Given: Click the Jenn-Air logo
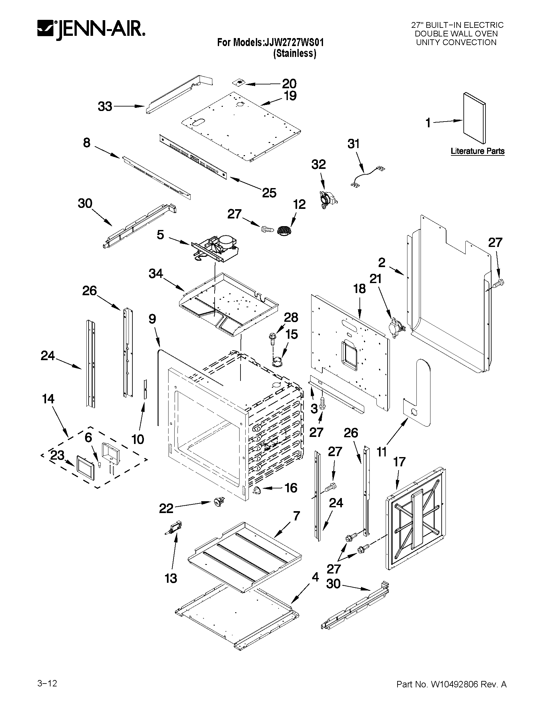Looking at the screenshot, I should pos(91,31).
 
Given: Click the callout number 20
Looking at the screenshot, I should pos(289,84).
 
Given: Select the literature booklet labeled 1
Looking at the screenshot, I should pos(474,118).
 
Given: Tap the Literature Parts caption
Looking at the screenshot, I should pos(477,151).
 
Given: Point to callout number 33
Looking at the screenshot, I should pos(105,107).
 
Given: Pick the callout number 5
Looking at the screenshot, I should pos(160,235).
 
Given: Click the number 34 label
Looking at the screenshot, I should pos(156,274).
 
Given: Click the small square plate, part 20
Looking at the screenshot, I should pos(239,83).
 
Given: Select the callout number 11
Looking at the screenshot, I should pos(382,452).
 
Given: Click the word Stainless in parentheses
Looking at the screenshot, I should pos(295,53).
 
